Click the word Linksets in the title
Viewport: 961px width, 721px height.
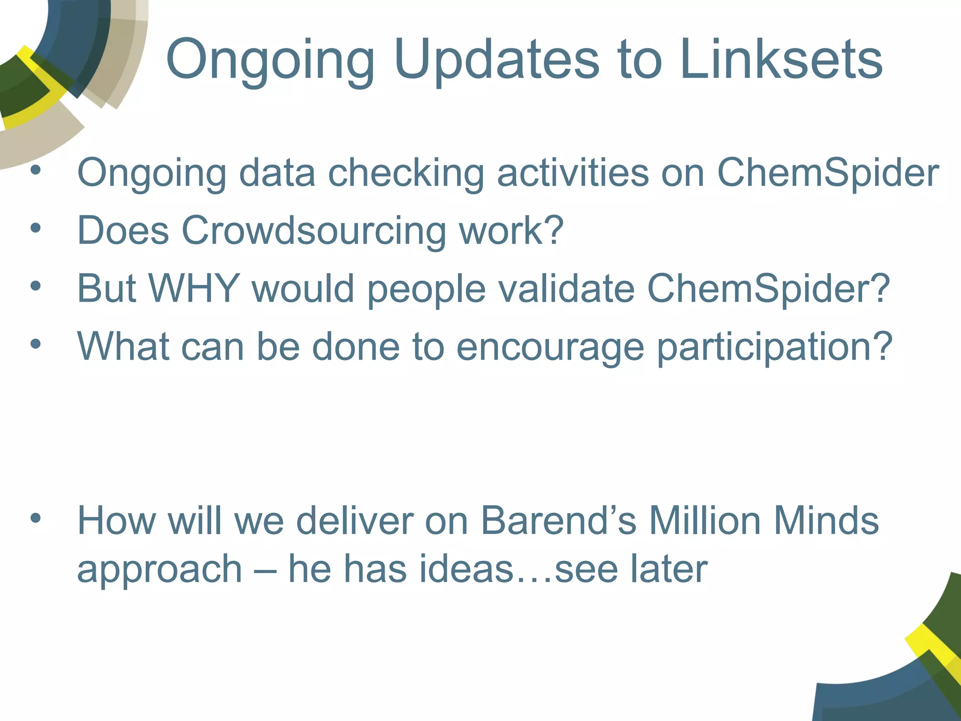tap(781, 60)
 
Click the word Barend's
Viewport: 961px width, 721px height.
tap(558, 521)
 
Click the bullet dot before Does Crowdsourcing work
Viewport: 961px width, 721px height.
tap(36, 228)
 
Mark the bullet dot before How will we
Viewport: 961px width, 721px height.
tap(36, 518)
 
